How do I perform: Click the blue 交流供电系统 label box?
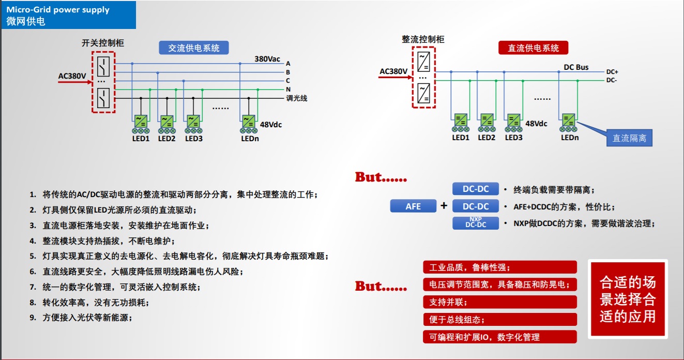(194, 48)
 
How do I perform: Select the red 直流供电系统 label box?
(533, 48)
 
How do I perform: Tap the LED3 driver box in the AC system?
(194, 121)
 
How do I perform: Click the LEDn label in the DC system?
(570, 138)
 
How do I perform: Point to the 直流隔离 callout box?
(629, 138)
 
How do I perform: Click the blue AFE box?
(413, 206)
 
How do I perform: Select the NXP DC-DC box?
(476, 223)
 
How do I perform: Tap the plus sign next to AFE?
(444, 206)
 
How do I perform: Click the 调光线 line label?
(297, 98)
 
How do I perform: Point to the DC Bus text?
(576, 67)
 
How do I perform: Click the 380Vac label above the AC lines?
(267, 59)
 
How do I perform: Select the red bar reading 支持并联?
(499, 302)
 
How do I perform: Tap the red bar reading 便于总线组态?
(499, 320)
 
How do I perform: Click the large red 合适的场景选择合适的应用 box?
(628, 299)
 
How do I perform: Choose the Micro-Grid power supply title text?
(58, 10)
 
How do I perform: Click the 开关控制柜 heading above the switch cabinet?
(103, 43)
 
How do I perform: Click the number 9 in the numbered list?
(33, 318)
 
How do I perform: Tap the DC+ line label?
(612, 72)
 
